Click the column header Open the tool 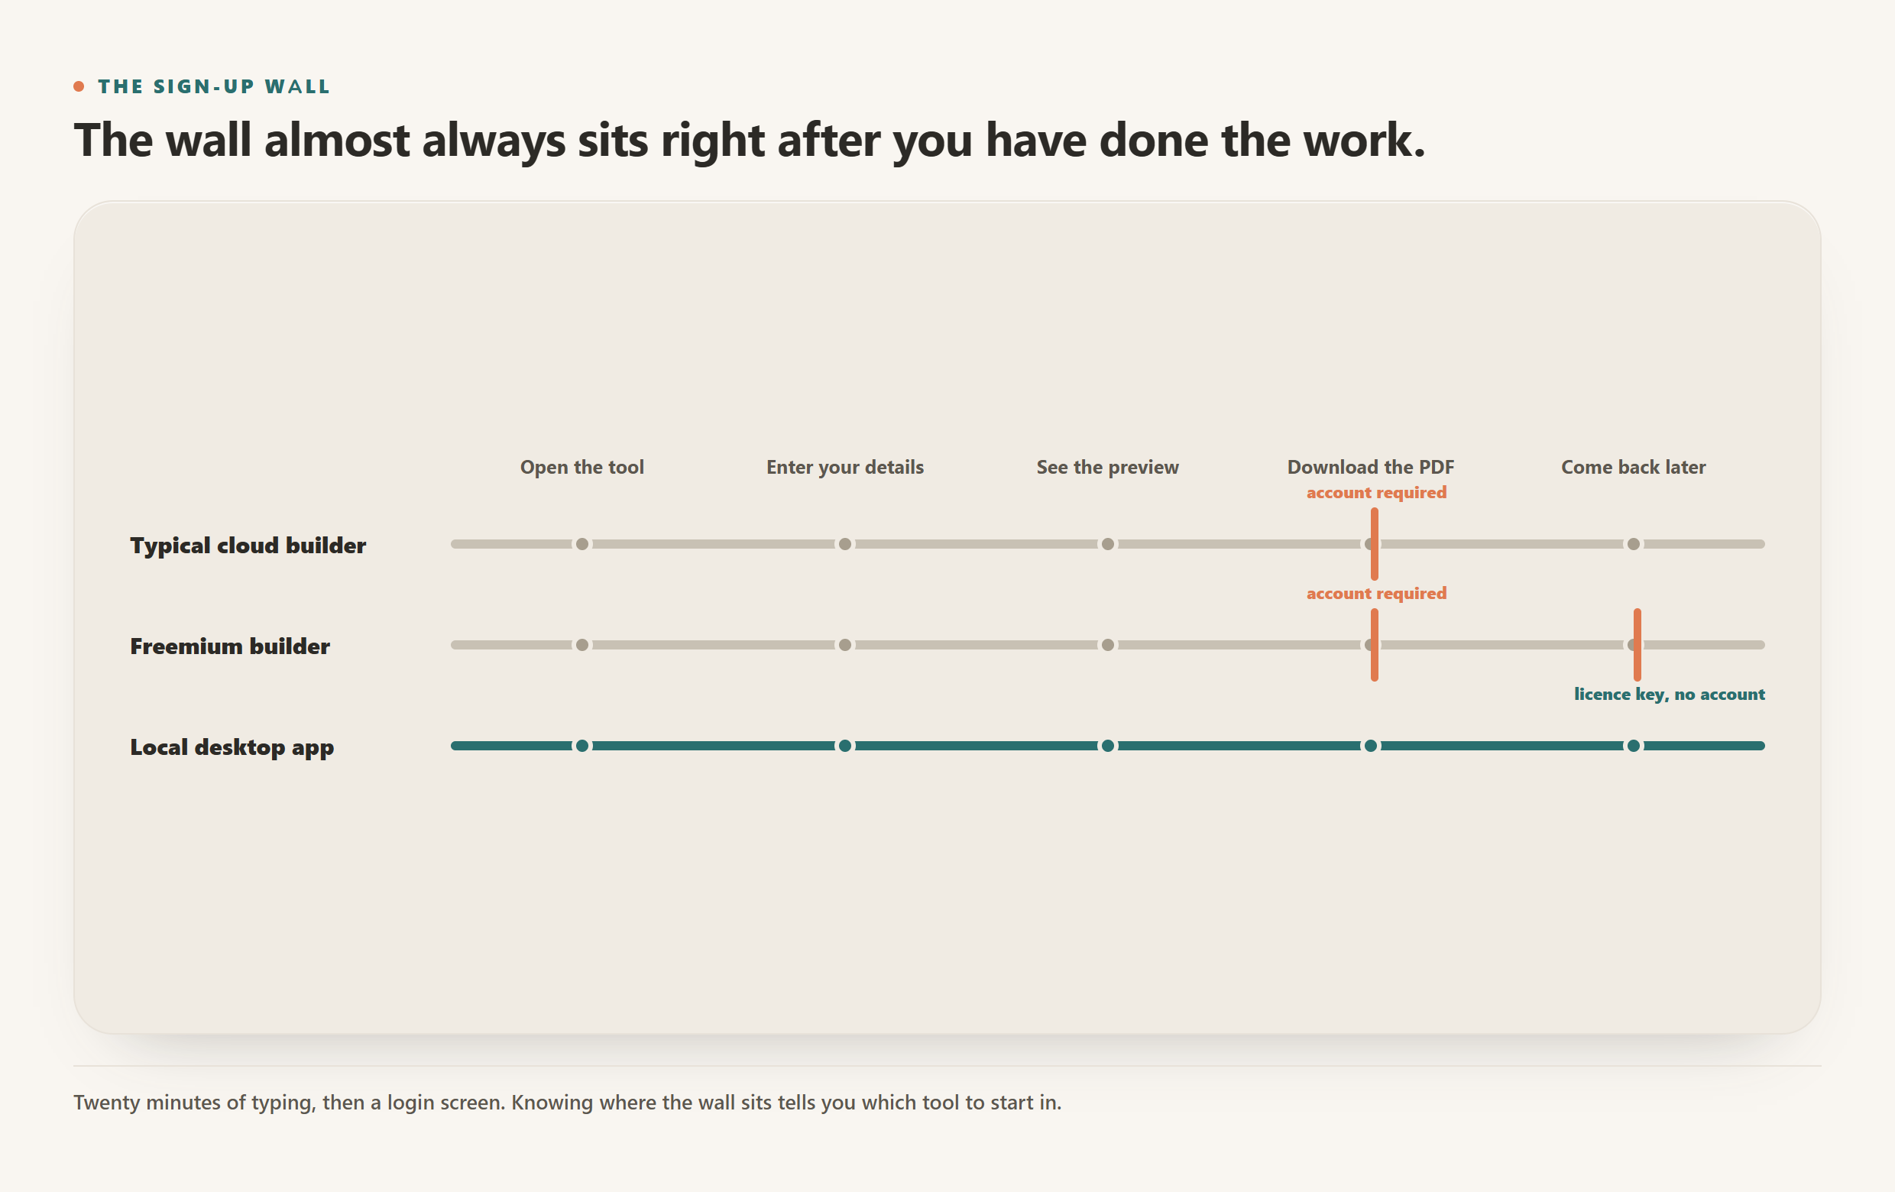(x=581, y=467)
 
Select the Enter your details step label (x=844, y=468)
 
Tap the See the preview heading (x=1107, y=468)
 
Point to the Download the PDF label (x=1370, y=467)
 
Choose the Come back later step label (x=1633, y=467)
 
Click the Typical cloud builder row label (x=248, y=546)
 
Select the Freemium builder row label (x=230, y=646)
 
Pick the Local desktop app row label (x=232, y=747)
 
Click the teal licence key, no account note (x=1669, y=694)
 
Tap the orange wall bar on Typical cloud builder (x=1374, y=544)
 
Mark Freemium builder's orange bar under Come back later (x=1637, y=644)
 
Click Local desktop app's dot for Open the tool (x=581, y=746)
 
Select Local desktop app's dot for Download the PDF (x=1370, y=746)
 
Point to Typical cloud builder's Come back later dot (x=1633, y=544)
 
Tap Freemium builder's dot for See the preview (x=1107, y=644)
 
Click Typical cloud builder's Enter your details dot (x=844, y=544)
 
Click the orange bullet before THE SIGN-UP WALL (x=79, y=86)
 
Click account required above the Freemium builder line (x=1376, y=593)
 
